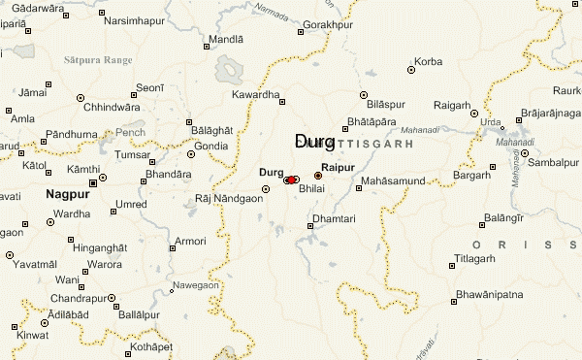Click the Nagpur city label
click(x=65, y=195)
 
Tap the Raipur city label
click(x=338, y=168)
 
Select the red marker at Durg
click(x=292, y=180)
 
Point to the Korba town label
click(x=428, y=62)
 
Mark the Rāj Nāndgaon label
click(x=229, y=198)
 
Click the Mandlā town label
click(x=227, y=41)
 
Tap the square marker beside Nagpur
click(x=94, y=181)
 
